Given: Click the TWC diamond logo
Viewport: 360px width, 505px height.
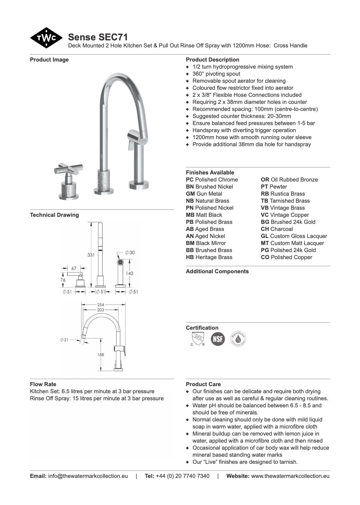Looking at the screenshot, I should pyautogui.click(x=46, y=38).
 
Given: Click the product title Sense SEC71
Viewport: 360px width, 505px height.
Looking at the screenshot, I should pyautogui.click(x=98, y=37).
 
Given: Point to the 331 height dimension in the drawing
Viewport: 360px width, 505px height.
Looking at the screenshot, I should pyautogui.click(x=91, y=255).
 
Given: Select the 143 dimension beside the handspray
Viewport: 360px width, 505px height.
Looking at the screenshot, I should pyautogui.click(x=130, y=273).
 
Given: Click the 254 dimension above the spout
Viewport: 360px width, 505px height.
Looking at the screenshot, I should pyautogui.click(x=101, y=305).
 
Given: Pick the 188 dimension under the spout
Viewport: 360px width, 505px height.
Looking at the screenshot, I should pyautogui.click(x=101, y=355).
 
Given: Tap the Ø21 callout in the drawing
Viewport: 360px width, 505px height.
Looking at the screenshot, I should pyautogui.click(x=64, y=340).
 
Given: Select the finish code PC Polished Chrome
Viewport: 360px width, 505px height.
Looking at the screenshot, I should pyautogui.click(x=212, y=180).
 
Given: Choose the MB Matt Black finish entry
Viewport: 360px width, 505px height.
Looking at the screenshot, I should pyautogui.click(x=204, y=215).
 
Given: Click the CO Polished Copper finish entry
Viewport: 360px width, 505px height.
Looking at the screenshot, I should pyautogui.click(x=286, y=257).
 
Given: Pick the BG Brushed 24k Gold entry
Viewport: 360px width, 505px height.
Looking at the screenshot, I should pyautogui.click(x=288, y=222).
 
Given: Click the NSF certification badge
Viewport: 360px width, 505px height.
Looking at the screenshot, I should pyautogui.click(x=218, y=339).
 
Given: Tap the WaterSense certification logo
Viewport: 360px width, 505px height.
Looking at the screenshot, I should pyautogui.click(x=238, y=339).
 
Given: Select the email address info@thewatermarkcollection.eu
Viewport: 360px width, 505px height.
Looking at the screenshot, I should pyautogui.click(x=88, y=476).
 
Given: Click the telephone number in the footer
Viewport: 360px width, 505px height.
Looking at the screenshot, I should pyautogui.click(x=182, y=476).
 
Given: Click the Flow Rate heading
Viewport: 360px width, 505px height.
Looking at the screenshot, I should pyautogui.click(x=43, y=384).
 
